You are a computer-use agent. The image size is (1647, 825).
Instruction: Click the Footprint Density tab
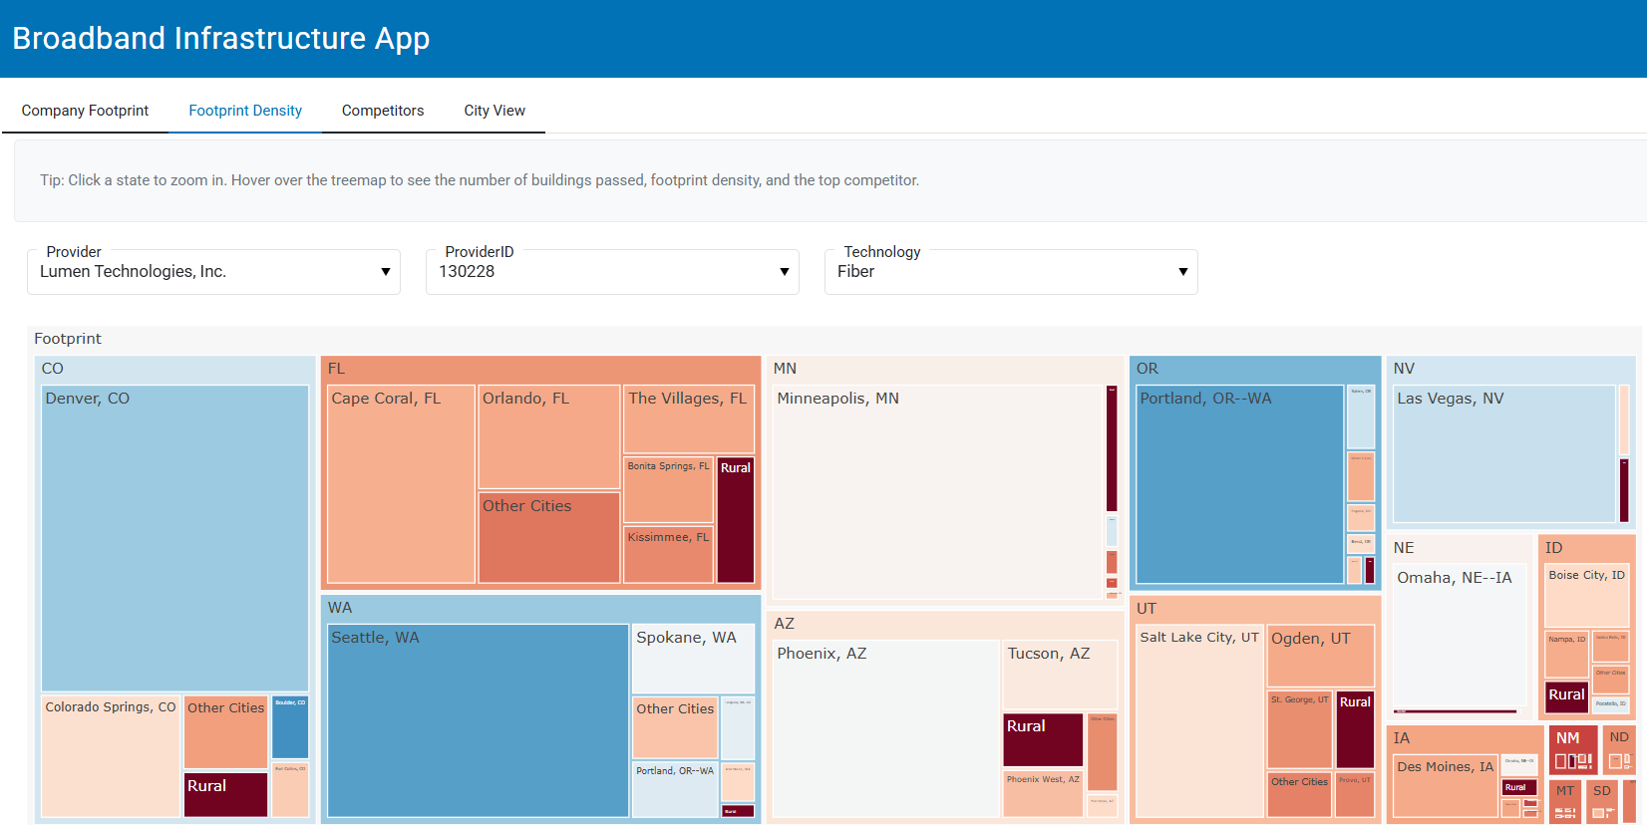click(x=245, y=111)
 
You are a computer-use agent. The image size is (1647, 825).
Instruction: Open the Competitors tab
click(x=383, y=111)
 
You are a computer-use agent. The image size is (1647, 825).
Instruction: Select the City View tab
click(x=494, y=111)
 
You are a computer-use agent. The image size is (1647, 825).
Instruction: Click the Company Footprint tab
click(x=85, y=111)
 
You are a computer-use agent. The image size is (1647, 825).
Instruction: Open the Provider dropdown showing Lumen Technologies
click(x=213, y=272)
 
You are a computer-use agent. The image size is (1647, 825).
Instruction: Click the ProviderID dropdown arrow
click(x=784, y=272)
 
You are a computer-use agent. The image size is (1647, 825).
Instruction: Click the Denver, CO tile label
click(x=88, y=399)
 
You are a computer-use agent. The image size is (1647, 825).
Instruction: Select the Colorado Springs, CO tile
click(x=110, y=757)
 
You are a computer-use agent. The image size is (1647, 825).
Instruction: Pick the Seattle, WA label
click(x=375, y=638)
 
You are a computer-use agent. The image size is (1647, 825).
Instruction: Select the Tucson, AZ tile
click(x=1059, y=674)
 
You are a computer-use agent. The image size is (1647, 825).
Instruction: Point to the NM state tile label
click(x=1568, y=738)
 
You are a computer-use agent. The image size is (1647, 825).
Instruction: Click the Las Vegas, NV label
click(x=1450, y=399)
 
